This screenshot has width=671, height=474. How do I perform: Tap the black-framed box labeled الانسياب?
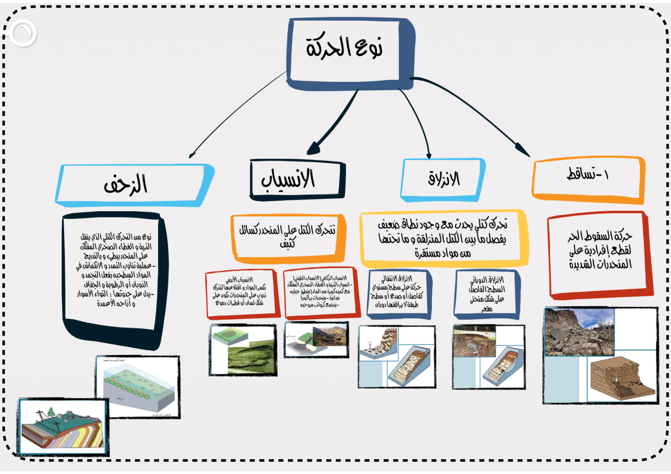point(297,180)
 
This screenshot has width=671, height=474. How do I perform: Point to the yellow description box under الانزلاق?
point(443,237)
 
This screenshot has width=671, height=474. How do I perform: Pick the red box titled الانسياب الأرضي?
point(241,292)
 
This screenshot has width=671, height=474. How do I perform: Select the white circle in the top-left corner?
point(22,33)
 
